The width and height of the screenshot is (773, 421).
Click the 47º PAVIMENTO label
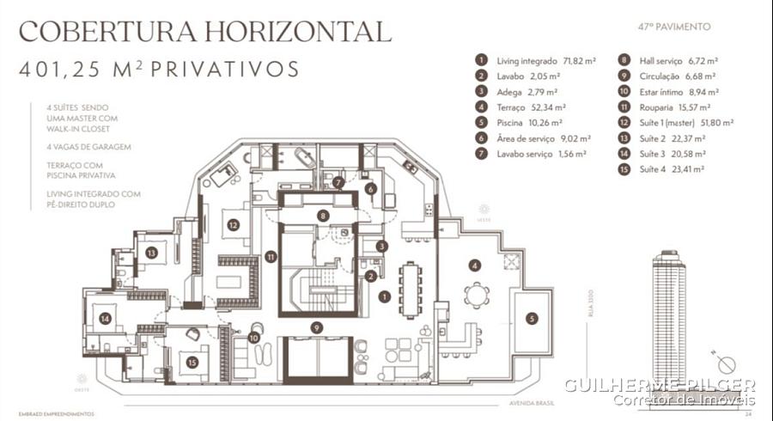674,27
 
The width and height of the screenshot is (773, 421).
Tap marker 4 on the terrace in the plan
474,265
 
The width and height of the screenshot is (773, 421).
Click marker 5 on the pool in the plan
531,318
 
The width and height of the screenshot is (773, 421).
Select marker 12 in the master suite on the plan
233,226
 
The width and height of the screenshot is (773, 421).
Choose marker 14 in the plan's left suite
105,318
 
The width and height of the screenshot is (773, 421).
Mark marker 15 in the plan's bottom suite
192,362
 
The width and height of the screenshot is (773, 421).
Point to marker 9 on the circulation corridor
317,326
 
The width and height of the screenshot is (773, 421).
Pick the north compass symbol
723,359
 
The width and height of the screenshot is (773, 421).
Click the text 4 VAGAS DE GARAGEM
89,147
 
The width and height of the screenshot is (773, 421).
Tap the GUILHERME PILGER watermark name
659,385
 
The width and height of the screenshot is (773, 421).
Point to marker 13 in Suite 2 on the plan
151,253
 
